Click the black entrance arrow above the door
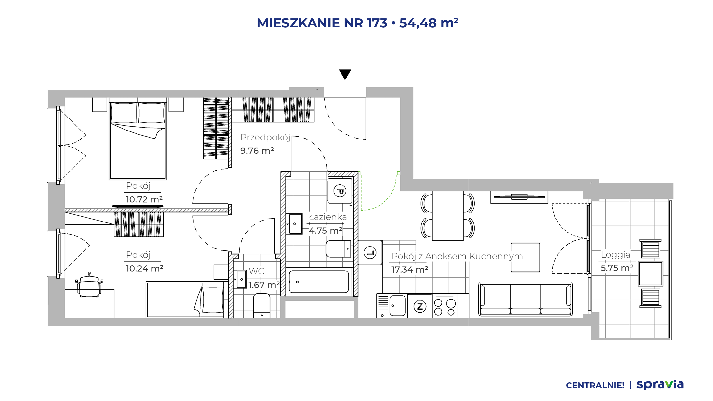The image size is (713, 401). tap(345, 74)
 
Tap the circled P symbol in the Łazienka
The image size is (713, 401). tap(340, 191)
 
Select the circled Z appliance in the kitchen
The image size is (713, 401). tap(420, 306)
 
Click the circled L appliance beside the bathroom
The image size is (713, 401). tap(370, 253)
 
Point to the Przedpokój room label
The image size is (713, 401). tap(265, 137)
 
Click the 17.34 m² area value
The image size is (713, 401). tap(410, 270)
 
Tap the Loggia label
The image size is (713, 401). tap(616, 255)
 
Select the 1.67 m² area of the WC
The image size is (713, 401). tap(264, 285)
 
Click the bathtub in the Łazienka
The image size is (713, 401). tap(319, 282)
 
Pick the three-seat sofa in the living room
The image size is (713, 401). tap(525, 300)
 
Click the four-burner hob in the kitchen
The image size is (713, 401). tap(445, 307)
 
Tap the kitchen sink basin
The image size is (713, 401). tap(397, 305)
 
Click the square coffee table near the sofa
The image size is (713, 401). tap(526, 257)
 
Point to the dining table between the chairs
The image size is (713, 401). tap(448, 216)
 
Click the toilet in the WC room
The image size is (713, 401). tap(262, 306)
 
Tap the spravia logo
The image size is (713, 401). tap(660, 385)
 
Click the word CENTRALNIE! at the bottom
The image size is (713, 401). tap(595, 385)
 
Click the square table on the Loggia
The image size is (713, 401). tap(651, 273)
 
